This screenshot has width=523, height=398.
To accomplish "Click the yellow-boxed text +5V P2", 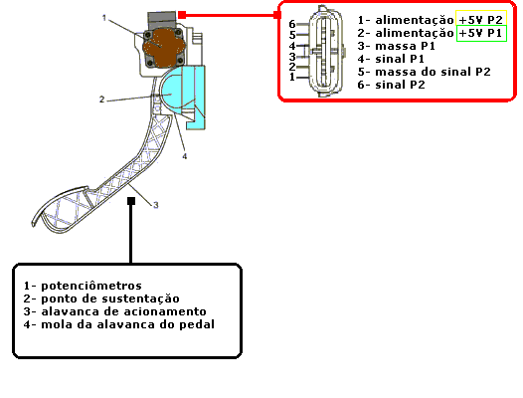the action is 480,20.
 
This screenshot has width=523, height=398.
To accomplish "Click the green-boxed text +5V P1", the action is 480,33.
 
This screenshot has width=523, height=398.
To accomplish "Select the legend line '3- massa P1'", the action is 397,46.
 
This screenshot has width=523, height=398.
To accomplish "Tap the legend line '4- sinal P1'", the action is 391,59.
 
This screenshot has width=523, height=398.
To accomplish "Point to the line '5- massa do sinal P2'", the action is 424,72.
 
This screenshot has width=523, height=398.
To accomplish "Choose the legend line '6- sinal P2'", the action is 391,85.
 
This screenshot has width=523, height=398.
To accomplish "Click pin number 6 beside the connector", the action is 292,24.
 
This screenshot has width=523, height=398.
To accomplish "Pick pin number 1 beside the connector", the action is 292,78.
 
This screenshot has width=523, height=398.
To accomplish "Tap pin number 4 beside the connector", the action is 292,46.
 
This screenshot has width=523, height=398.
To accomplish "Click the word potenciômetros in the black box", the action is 91,286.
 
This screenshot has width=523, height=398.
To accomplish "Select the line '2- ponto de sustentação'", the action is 101,298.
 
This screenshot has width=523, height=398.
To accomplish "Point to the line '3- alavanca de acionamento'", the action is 114,311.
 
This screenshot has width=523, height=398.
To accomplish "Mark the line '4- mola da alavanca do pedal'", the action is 118,324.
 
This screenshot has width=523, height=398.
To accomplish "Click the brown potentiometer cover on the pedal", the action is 162,48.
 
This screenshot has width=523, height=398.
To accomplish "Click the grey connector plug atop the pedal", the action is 162,20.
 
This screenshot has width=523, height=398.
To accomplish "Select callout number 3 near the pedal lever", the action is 156,205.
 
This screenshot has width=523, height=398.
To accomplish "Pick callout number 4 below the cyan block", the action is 185,156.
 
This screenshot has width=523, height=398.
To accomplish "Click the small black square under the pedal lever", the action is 131,201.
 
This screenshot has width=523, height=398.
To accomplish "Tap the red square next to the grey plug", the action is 182,15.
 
